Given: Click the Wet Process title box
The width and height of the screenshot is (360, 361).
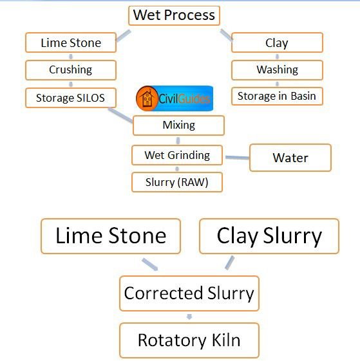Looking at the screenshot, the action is (174, 15).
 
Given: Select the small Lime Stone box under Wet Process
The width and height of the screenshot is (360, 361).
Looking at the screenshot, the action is (71, 42).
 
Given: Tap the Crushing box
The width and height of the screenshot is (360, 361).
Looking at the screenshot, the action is (71, 70).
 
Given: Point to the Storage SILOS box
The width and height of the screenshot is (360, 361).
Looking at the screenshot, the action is (71, 98).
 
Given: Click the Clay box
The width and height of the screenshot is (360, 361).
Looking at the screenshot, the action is (277, 42).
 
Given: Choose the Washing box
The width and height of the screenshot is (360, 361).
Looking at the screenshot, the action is (277, 70).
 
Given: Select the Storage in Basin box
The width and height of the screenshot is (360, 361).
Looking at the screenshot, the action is (277, 97).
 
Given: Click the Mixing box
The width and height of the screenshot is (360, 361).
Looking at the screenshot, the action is (178, 125).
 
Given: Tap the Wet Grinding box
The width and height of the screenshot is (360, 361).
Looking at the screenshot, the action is (177, 155).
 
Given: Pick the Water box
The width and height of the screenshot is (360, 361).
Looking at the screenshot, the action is (290, 158).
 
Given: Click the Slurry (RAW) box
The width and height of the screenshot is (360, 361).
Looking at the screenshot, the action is (177, 182).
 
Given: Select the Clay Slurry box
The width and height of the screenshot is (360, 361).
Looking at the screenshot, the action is (269, 236).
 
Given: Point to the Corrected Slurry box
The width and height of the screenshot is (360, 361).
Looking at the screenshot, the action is (189, 293).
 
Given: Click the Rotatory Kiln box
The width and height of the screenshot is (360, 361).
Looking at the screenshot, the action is (189, 340).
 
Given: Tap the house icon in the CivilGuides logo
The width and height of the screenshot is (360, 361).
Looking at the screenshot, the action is (147, 98).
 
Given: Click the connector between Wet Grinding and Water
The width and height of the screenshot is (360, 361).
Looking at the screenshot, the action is (237, 158).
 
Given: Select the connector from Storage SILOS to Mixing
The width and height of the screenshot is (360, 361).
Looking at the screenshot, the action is (120, 115).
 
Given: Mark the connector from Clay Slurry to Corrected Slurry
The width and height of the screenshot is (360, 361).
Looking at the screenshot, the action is (229, 263).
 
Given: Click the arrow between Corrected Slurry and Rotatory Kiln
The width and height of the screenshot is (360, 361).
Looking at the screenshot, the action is (189, 317).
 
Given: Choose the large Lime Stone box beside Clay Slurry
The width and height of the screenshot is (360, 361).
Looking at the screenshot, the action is (111, 236).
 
